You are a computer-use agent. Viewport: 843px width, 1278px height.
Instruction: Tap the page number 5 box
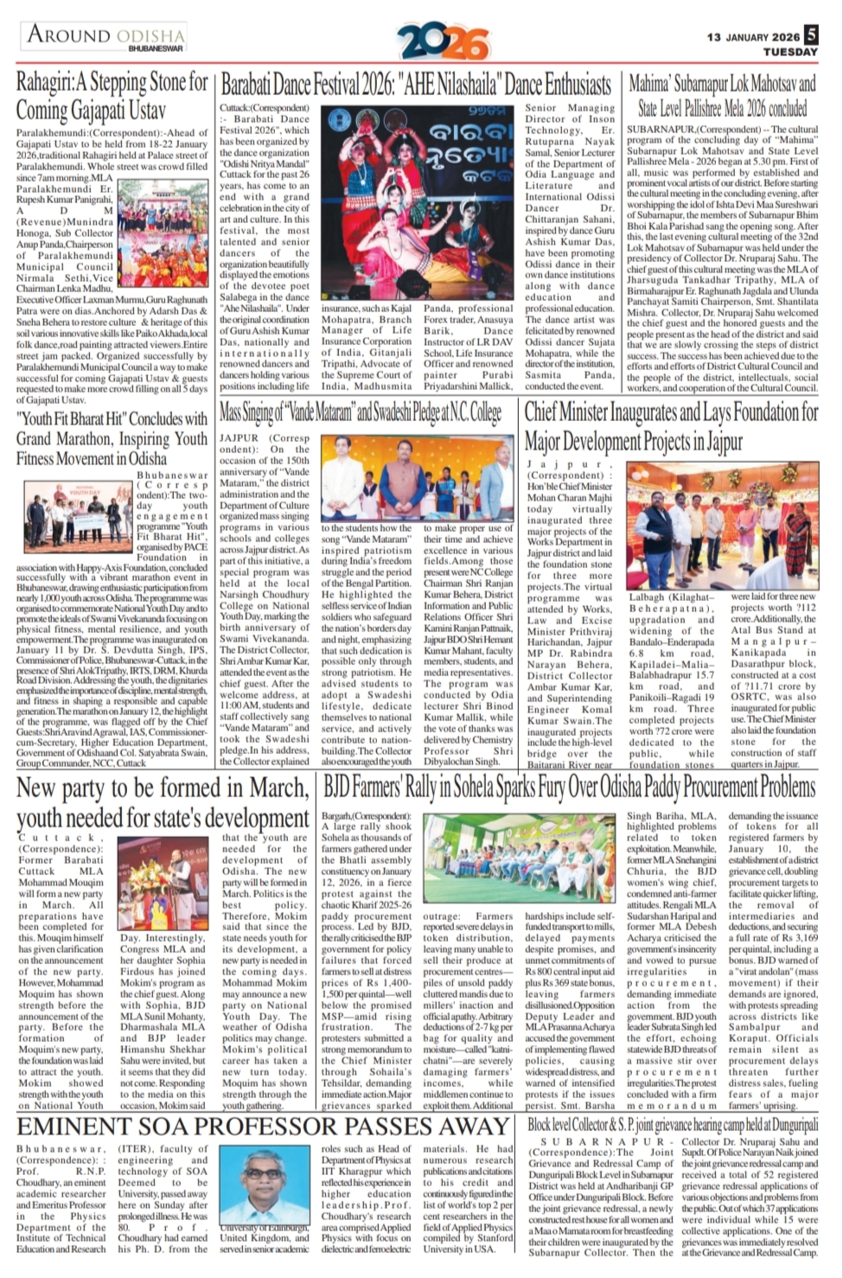(811, 35)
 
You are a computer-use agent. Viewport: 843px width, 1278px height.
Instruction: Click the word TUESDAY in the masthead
(790, 52)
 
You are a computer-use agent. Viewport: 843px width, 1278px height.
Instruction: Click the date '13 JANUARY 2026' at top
(753, 36)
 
